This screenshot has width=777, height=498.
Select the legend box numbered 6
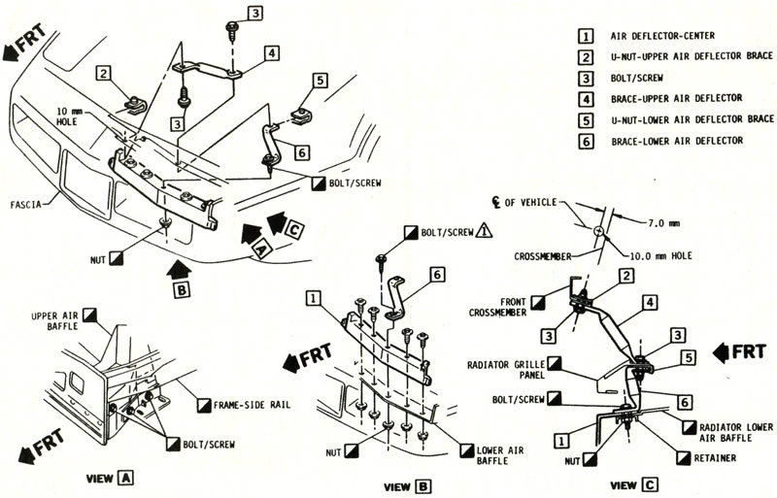(x=585, y=141)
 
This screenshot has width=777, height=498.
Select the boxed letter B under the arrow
(x=180, y=288)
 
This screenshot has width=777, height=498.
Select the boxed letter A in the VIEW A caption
(x=126, y=478)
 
